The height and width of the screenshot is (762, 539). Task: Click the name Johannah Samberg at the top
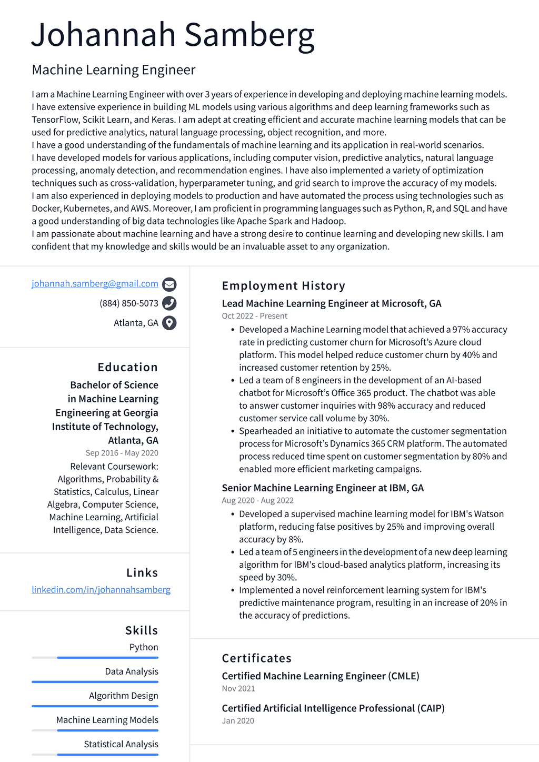(x=173, y=36)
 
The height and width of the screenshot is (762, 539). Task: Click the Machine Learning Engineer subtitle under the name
(x=114, y=70)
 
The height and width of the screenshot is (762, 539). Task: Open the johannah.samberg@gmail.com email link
(x=95, y=284)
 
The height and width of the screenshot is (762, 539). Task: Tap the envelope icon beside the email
(x=169, y=284)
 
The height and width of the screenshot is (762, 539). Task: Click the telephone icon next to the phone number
(x=169, y=303)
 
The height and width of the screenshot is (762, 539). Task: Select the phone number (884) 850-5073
(x=129, y=303)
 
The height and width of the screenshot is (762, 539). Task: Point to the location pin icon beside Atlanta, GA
(x=169, y=323)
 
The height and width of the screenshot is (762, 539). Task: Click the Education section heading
(x=127, y=367)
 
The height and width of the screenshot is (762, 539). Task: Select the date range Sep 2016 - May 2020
(x=122, y=453)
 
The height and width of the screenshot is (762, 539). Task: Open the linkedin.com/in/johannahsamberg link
(x=101, y=590)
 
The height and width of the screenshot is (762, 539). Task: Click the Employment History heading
(x=283, y=286)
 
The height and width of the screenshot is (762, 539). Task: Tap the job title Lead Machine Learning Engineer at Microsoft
(x=331, y=303)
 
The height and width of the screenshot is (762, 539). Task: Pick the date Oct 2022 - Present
(x=254, y=316)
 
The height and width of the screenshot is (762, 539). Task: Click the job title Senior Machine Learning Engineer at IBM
(x=322, y=488)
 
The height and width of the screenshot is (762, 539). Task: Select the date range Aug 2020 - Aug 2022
(x=257, y=500)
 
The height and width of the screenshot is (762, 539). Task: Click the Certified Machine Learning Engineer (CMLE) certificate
(x=320, y=676)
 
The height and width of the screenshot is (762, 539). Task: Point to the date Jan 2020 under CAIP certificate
(x=237, y=720)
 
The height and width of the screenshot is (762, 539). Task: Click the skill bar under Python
(x=95, y=658)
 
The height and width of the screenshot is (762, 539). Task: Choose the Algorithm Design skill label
(x=123, y=696)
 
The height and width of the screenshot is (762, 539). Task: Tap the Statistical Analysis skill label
(x=121, y=744)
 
